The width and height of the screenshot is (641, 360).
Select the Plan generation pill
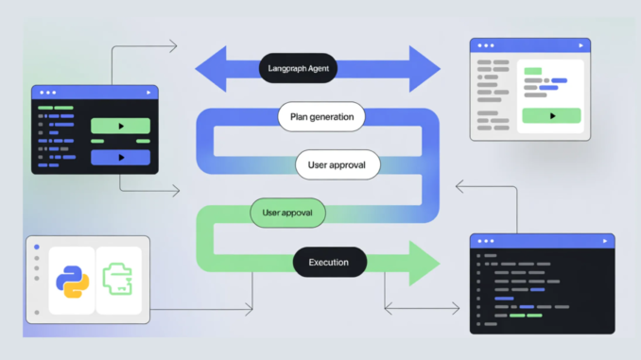[x=321, y=117]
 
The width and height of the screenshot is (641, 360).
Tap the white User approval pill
[x=338, y=164]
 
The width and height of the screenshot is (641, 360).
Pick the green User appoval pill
[x=287, y=213]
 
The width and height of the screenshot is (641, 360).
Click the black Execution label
[x=329, y=262]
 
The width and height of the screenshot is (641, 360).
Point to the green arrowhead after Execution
[x=423, y=262]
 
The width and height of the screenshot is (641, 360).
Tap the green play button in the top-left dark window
[x=120, y=126]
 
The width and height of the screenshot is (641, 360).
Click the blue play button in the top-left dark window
[x=120, y=157]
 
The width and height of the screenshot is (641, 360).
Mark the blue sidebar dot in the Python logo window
[x=37, y=248]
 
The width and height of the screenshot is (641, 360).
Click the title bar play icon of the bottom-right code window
[x=605, y=242]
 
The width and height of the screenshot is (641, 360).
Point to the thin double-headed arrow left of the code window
[x=422, y=306]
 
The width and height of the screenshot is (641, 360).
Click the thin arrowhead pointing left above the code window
[x=461, y=186]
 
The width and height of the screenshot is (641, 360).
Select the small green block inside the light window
[x=533, y=71]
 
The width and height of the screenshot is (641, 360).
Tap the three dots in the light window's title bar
[x=486, y=45]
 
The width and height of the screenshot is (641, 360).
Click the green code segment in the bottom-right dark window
[x=517, y=315]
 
